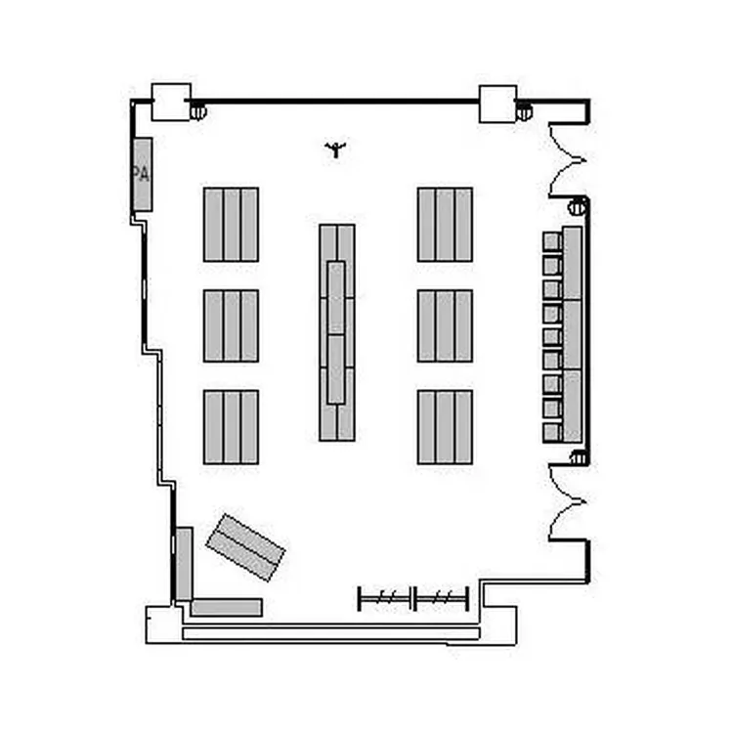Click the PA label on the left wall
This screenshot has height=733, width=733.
click(x=141, y=174)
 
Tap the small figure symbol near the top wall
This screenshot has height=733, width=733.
click(x=335, y=150)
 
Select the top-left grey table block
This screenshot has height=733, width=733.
click(x=231, y=225)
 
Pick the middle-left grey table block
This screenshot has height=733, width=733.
click(x=231, y=325)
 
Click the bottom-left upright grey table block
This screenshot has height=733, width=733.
click(x=231, y=427)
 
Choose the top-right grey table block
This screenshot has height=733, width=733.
click(x=445, y=225)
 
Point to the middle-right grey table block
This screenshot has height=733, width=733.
click(x=445, y=325)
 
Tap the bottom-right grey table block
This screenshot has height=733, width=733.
click(x=445, y=427)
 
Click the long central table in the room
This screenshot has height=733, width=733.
click(x=337, y=332)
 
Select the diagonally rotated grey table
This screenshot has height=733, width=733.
click(x=245, y=547)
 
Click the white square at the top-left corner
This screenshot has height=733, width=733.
click(x=171, y=102)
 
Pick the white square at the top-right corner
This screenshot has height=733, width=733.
click(x=498, y=104)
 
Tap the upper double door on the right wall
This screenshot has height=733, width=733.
click(x=567, y=160)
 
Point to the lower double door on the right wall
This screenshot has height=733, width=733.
click(x=567, y=501)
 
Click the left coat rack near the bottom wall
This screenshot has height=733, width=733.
click(x=384, y=598)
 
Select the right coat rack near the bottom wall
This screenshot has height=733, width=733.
click(x=442, y=598)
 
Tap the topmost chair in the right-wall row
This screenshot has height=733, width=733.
click(x=552, y=241)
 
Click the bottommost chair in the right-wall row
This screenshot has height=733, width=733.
click(x=552, y=432)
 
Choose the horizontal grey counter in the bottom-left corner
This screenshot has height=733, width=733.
click(x=227, y=607)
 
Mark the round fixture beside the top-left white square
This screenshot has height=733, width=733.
click(x=198, y=111)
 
